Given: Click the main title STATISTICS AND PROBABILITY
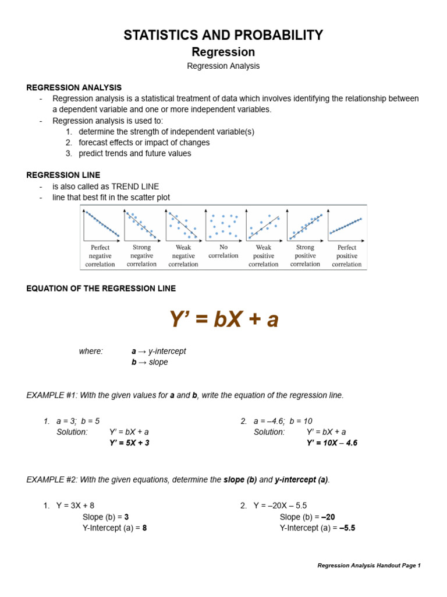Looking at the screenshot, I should [223, 35].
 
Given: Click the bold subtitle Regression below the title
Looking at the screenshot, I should [223, 52].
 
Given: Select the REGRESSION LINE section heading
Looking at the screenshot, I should [63, 175].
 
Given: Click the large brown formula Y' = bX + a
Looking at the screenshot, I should [223, 319].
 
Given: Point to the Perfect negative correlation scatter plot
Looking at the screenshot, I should [101, 224].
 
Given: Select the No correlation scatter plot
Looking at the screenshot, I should [223, 224].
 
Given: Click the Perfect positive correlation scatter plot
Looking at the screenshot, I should [346, 224].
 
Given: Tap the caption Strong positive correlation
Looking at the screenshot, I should [305, 256].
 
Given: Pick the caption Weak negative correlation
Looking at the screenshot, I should [183, 256].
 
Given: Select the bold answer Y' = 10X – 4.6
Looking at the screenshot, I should [332, 443].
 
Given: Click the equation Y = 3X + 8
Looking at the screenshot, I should [75, 505].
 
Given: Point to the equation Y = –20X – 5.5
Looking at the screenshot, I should [280, 505].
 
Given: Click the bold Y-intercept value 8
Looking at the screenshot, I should [144, 528].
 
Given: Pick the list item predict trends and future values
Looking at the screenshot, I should [134, 154].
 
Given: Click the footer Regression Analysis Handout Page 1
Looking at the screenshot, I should [368, 566].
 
